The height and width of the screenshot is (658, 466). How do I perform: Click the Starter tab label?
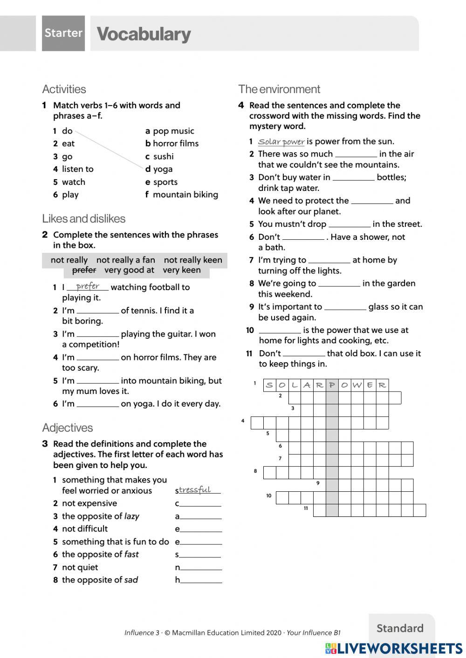click(63, 33)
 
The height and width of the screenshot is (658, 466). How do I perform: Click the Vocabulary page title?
click(144, 34)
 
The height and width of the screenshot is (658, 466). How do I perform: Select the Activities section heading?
click(64, 89)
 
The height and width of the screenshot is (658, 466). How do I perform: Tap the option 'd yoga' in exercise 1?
click(159, 169)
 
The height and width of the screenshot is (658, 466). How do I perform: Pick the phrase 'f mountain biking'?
click(181, 195)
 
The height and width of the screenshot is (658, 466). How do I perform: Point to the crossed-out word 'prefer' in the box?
click(84, 270)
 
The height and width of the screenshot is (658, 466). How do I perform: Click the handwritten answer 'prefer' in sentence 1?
click(88, 286)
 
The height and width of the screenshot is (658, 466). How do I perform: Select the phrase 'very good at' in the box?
click(129, 270)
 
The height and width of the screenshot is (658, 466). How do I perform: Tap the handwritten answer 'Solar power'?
click(281, 142)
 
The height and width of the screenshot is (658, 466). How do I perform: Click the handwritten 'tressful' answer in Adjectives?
click(195, 489)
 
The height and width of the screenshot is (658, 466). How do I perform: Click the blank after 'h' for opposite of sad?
click(201, 580)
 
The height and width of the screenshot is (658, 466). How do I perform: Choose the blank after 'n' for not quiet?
click(201, 567)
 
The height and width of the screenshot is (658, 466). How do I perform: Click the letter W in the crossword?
click(357, 385)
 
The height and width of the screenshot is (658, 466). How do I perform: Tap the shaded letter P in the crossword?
click(332, 385)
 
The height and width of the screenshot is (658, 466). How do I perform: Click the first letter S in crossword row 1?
click(269, 385)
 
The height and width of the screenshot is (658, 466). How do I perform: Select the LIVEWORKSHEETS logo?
click(394, 648)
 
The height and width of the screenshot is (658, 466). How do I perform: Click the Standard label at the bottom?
click(400, 628)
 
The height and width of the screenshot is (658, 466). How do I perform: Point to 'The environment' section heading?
click(279, 89)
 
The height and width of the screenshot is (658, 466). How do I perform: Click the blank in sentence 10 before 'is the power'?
click(280, 330)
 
